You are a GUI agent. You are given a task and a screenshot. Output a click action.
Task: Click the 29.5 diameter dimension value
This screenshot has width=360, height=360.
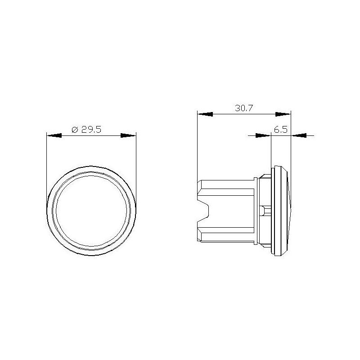pos(91,130)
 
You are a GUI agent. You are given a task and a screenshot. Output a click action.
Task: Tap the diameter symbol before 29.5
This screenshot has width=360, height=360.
pos(75,130)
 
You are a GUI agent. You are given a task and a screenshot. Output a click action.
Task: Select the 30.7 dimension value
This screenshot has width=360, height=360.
pos(243,108)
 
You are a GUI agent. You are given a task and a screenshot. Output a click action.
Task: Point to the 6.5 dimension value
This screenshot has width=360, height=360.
pos(280,130)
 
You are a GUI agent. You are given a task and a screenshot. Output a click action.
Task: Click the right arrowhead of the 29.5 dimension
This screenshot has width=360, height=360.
pos(129,135)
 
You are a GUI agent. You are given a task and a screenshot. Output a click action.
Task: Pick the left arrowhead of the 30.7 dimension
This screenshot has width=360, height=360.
pos(205,113)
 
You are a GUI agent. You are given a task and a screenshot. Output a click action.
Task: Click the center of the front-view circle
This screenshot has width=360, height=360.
pos(91,211)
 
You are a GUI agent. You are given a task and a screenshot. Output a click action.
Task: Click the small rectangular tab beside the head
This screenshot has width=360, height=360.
pos(265,210)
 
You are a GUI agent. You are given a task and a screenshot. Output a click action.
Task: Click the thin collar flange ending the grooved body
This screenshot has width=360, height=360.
pos(256,211)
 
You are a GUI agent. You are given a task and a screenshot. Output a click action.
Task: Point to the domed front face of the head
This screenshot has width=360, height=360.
pos(289,211)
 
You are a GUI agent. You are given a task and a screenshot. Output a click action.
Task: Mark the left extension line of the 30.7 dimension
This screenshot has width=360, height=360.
pos(198,144)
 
